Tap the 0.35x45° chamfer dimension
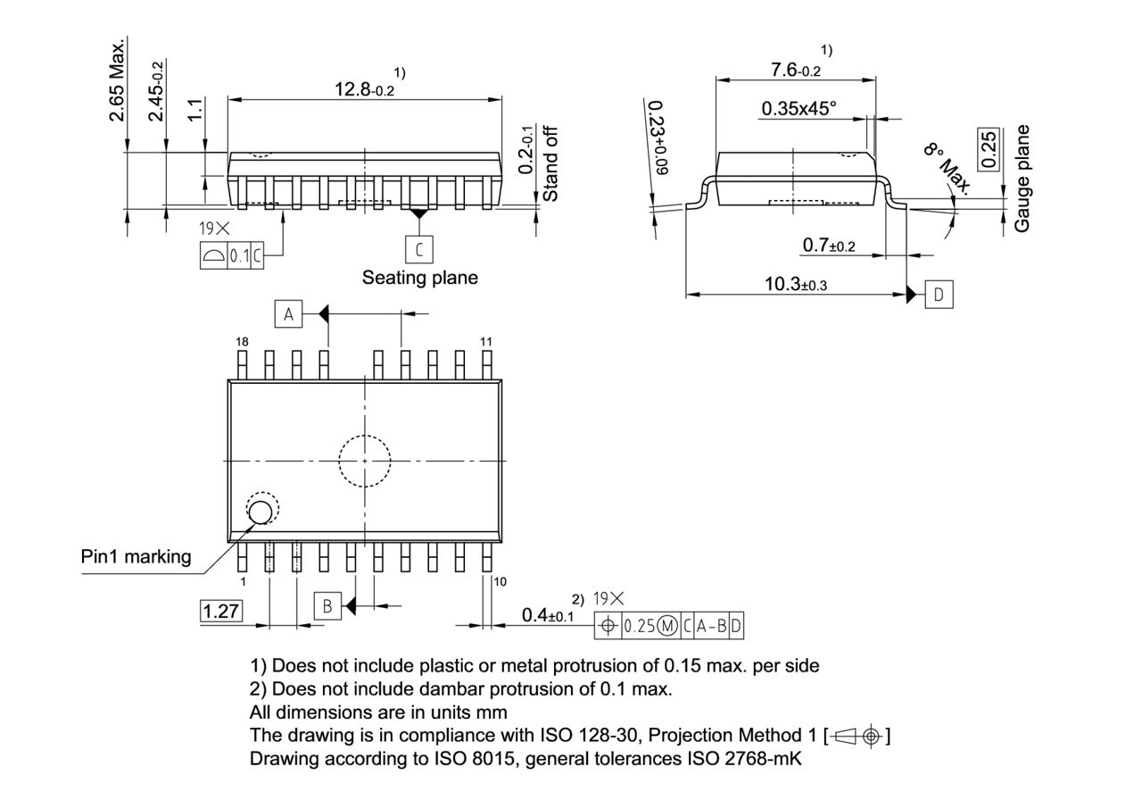coord(799,109)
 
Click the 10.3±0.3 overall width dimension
coord(795,285)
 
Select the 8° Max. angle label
coord(947,166)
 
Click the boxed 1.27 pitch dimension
coord(220,612)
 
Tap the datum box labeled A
coord(287,314)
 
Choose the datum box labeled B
coord(327,607)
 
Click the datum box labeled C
coord(418,247)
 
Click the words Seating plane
coord(419,278)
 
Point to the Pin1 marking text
coord(136,557)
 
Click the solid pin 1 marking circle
coord(261,512)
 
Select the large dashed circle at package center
coord(364,462)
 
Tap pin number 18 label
coord(242,342)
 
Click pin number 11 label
coord(486,342)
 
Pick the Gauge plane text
coord(1022,179)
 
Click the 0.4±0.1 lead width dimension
coord(547,615)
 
